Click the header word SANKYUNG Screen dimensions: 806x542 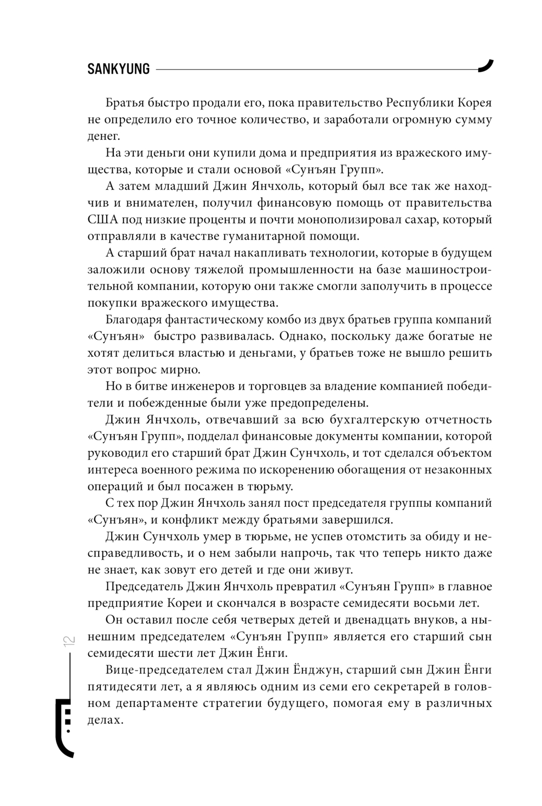(x=119, y=69)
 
